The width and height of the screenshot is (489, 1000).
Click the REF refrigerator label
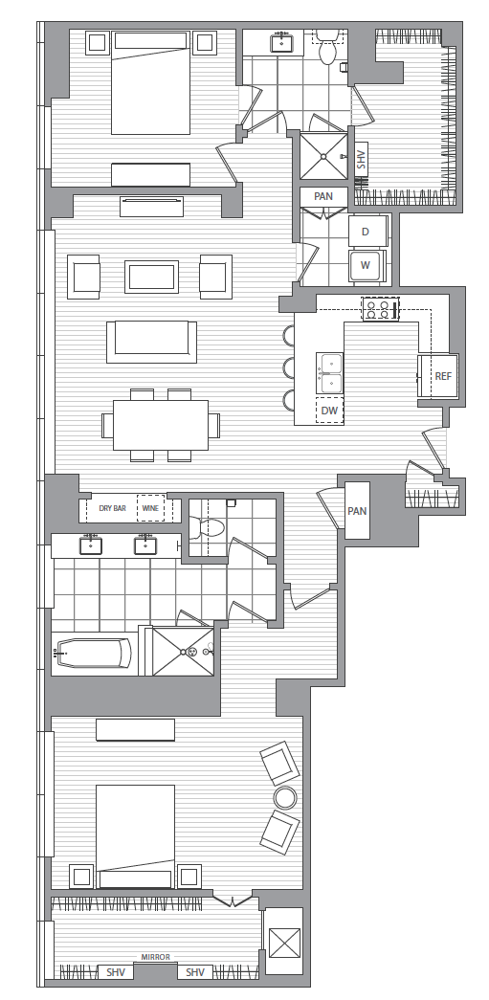(443, 376)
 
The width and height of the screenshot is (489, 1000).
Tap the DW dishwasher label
(329, 411)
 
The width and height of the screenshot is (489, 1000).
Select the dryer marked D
(366, 232)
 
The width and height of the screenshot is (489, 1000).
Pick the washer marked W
(366, 265)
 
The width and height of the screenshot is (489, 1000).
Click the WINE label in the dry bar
(150, 509)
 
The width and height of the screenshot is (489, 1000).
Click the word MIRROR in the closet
(156, 957)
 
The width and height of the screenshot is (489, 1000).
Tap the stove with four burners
(380, 309)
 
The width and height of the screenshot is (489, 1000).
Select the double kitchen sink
(330, 372)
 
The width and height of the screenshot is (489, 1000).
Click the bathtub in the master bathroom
(94, 653)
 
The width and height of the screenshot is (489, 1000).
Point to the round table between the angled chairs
(285, 797)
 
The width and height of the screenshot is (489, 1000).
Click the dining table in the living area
(161, 425)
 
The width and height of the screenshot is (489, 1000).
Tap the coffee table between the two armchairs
(151, 277)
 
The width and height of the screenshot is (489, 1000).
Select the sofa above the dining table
(151, 342)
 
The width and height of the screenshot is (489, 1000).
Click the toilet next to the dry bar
(208, 527)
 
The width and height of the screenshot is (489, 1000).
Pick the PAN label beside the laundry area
(323, 196)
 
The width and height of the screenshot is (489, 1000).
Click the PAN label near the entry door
(357, 511)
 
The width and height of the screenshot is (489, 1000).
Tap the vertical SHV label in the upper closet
(362, 160)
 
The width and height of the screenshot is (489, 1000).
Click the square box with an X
(283, 942)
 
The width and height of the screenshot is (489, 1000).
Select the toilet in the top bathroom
(327, 50)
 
